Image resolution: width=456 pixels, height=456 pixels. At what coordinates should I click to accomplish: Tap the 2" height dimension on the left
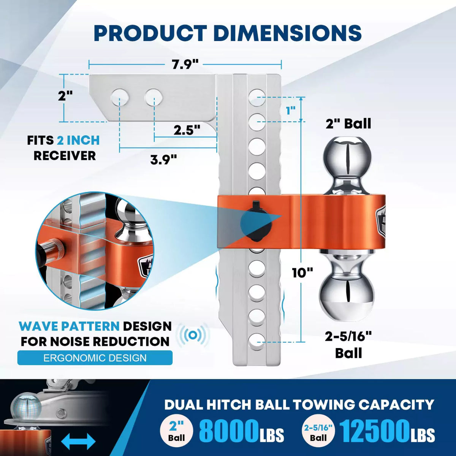pyautogui.click(x=65, y=95)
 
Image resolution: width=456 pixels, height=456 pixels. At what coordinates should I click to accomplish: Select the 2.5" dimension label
pyautogui.click(x=187, y=130)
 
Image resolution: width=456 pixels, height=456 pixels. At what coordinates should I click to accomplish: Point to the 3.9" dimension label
pyautogui.click(x=163, y=159)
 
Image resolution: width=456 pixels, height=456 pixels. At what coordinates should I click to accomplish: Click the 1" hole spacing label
pyautogui.click(x=291, y=111)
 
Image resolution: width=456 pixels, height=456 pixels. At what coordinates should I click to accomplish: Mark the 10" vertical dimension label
pyautogui.click(x=302, y=272)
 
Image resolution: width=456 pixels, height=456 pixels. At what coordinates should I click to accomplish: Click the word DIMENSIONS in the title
pyautogui.click(x=287, y=33)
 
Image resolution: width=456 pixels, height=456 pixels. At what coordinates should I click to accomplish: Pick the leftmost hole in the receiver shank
pyautogui.click(x=120, y=98)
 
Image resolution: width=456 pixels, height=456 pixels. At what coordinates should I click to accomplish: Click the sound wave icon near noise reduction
pyautogui.click(x=194, y=335)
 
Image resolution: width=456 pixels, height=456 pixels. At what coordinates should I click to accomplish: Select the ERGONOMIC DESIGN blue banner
pyautogui.click(x=95, y=358)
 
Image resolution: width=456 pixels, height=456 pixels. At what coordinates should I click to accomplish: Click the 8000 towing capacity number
pyautogui.click(x=228, y=431)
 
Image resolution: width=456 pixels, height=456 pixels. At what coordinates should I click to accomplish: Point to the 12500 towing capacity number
pyautogui.click(x=374, y=431)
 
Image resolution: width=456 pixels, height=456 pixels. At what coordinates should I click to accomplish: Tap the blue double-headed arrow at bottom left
pyautogui.click(x=78, y=442)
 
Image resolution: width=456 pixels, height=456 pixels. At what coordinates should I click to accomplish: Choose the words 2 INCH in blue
pyautogui.click(x=78, y=140)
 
